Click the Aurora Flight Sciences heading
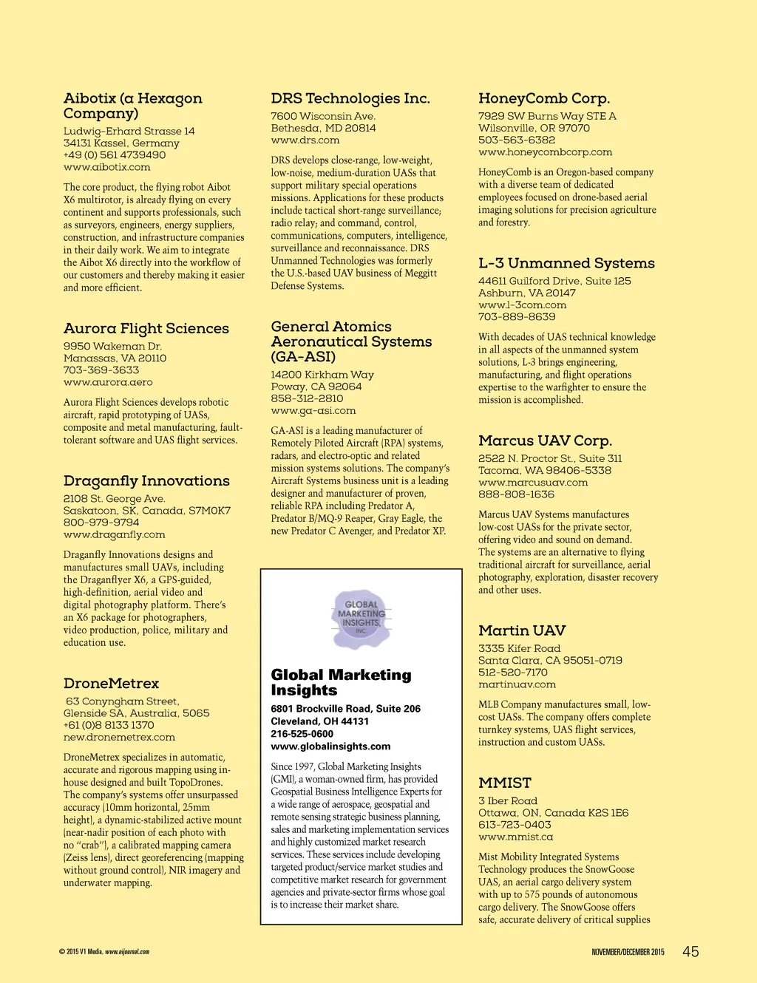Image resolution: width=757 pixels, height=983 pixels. click(x=146, y=329)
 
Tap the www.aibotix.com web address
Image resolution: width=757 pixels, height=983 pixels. click(x=106, y=167)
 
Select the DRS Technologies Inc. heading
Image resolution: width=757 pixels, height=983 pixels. click(x=350, y=98)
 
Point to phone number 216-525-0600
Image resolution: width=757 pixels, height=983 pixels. click(x=302, y=734)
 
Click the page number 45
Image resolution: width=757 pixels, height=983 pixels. click(x=690, y=952)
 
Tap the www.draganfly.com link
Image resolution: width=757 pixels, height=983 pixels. click(x=114, y=534)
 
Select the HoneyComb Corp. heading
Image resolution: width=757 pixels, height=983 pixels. click(x=543, y=98)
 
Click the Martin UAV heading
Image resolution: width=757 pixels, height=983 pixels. click(x=521, y=630)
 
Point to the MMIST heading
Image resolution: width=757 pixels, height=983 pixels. click(x=504, y=783)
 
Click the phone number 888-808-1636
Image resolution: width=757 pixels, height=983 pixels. click(x=516, y=494)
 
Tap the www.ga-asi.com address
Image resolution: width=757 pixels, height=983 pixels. click(x=313, y=410)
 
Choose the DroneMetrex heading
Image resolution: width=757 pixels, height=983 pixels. click(x=111, y=684)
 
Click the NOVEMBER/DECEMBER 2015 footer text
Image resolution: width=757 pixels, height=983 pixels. click(x=628, y=952)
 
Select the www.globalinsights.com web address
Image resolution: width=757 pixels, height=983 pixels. click(x=330, y=746)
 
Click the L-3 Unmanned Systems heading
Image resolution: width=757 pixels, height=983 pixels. click(x=566, y=263)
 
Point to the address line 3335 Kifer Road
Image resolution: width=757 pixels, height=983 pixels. click(x=519, y=648)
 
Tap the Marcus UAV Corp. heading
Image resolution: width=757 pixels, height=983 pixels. click(x=545, y=441)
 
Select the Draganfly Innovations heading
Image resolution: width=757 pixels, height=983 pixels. click(x=146, y=481)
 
